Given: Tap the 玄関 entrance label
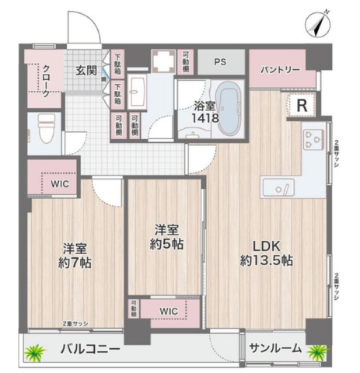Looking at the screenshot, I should pyautogui.click(x=86, y=71).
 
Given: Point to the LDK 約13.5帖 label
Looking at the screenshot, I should pyautogui.click(x=267, y=253).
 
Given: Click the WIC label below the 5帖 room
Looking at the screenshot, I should pyautogui.click(x=170, y=312).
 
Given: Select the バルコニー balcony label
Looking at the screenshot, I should pyautogui.click(x=90, y=350).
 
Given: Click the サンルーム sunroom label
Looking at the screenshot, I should pyautogui.click(x=274, y=350).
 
